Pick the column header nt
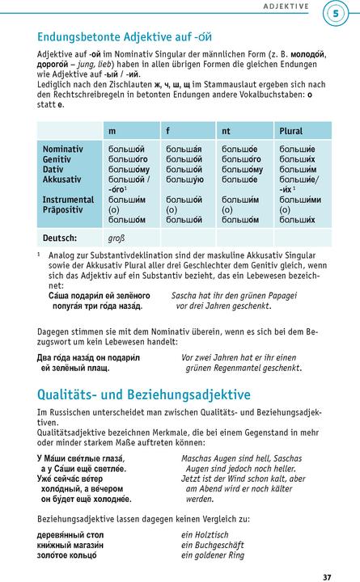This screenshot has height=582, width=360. click(227, 131)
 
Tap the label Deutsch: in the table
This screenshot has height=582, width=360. click(60, 238)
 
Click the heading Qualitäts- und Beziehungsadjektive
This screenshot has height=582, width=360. click(144, 394)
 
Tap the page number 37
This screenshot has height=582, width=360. click(326, 555)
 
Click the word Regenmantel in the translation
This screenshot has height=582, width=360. click(248, 368)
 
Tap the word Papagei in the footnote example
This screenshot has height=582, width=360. click(297, 296)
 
